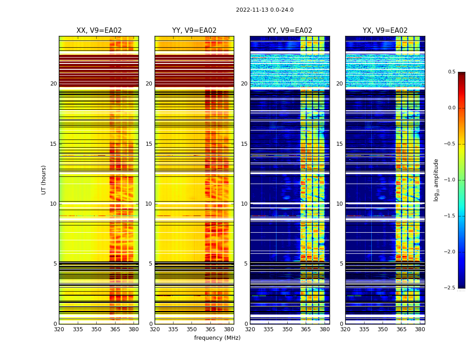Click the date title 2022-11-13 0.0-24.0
[264, 10]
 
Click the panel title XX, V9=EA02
[99, 31]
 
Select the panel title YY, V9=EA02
[194, 31]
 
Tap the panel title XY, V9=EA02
[289, 31]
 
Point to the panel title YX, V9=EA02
[385, 31]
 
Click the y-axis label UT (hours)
[44, 180]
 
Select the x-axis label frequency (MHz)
[217, 338]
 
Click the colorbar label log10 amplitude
[436, 180]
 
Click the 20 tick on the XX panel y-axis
[53, 84]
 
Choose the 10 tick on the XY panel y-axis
[244, 204]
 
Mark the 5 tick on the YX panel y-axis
[341, 264]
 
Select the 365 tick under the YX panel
[401, 329]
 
